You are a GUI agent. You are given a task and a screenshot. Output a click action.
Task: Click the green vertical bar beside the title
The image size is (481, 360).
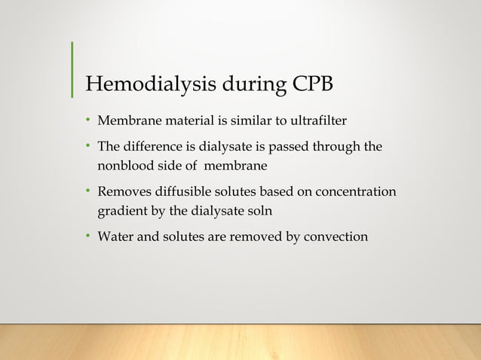[72, 70]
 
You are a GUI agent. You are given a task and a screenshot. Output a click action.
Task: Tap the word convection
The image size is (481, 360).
[335, 237]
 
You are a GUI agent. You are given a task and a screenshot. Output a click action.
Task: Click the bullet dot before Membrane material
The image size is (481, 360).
[87, 119]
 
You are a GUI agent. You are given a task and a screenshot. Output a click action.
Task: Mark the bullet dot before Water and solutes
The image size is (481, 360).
[87, 237]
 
